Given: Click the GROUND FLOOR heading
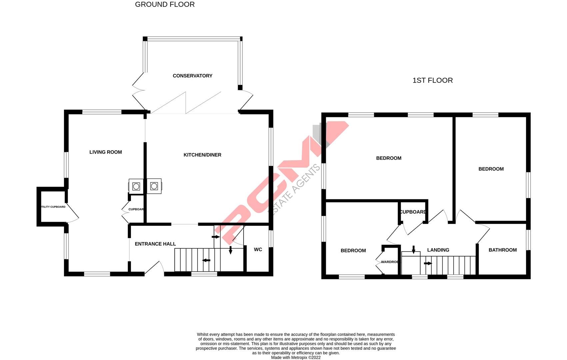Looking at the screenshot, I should click(165, 5).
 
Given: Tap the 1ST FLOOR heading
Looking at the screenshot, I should click(432, 80).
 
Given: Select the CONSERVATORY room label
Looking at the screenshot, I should click(192, 76).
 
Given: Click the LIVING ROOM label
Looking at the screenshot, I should click(106, 152).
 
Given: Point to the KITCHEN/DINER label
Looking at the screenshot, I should click(202, 155).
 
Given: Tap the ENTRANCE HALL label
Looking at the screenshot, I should click(155, 244).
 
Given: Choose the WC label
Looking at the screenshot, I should click(258, 250).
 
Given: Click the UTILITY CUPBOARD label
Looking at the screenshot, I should click(53, 207).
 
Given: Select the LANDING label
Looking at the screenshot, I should click(438, 250).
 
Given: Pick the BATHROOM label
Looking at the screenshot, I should click(502, 250).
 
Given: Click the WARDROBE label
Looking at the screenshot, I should click(390, 262).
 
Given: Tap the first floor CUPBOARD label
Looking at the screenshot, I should click(413, 212).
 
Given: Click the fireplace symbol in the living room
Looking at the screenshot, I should click(136, 186).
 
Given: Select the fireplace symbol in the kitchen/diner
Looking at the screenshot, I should click(154, 186).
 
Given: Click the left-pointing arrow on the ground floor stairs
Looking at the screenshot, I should click(207, 260).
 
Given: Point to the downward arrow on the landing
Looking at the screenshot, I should click(413, 249).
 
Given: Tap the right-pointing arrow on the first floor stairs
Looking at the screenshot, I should click(428, 263).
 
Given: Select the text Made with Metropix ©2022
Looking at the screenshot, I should click(295, 357).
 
